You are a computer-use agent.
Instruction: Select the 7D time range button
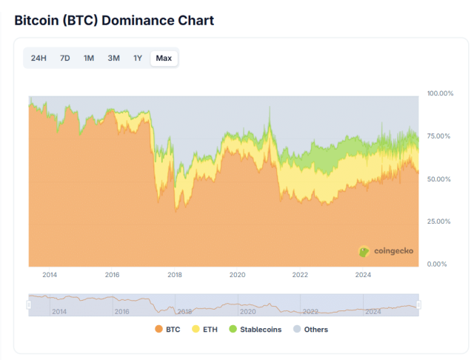[x=65, y=59]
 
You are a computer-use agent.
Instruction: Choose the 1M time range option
[x=89, y=59]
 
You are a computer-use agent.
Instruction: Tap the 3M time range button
[x=113, y=59]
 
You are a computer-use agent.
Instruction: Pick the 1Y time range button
[x=138, y=59]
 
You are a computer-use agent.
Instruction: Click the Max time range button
[x=164, y=59]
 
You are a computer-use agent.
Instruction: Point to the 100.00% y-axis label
[x=440, y=93]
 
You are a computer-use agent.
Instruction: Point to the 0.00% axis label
[x=437, y=264]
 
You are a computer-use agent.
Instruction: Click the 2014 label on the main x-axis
[x=50, y=276]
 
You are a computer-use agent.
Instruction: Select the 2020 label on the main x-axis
[x=237, y=276]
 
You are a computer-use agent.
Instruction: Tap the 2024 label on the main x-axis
[x=363, y=276]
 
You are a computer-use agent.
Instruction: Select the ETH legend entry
[x=205, y=330]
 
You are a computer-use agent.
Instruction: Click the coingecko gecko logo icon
[x=364, y=251]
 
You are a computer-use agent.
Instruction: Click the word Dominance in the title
[x=136, y=20]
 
